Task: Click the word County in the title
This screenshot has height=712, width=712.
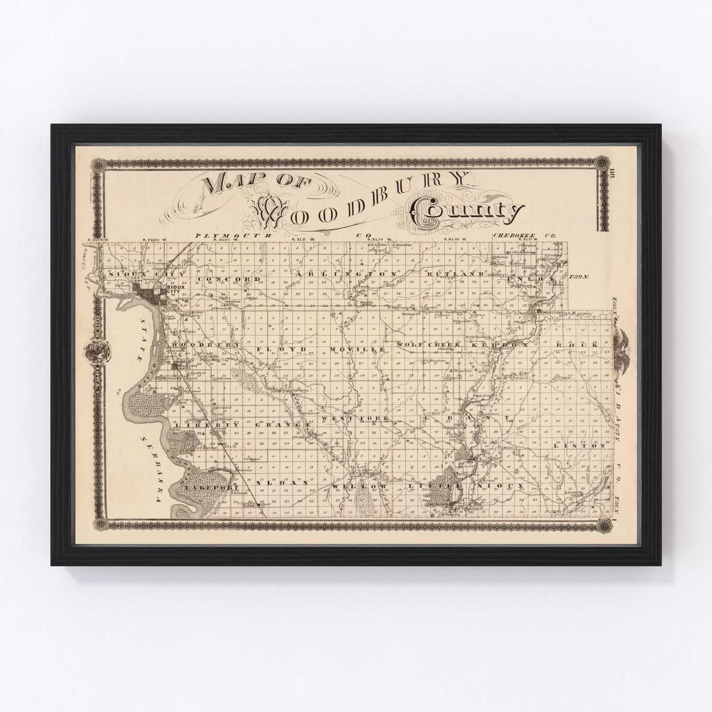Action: [468, 212]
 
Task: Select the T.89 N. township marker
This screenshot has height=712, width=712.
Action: [581, 276]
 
